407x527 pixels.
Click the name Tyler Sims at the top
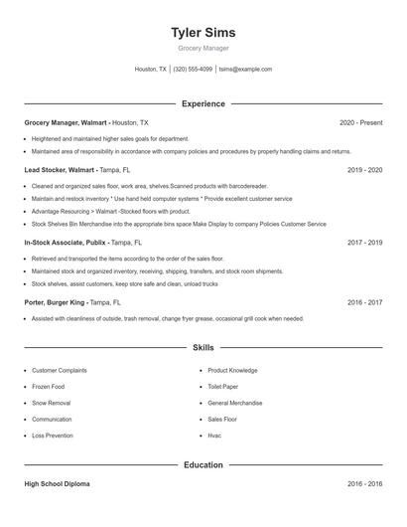[x=203, y=33]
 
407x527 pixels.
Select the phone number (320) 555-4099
[x=193, y=70]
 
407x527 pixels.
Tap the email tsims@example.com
[x=245, y=70]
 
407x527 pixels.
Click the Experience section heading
[x=203, y=103]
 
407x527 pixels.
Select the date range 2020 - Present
[x=360, y=122]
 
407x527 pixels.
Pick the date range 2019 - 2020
[x=364, y=170]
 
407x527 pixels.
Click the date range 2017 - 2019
[x=364, y=242]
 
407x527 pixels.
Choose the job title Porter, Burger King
[x=55, y=301]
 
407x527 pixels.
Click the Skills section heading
[x=203, y=348]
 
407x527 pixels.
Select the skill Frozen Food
[x=49, y=387]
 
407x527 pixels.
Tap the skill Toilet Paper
[x=223, y=387]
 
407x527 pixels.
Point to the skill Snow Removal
[x=52, y=403]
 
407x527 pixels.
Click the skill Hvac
[x=214, y=436]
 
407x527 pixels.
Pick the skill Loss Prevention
[x=53, y=436]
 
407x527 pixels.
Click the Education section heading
[x=203, y=464]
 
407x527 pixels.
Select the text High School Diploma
[x=57, y=484]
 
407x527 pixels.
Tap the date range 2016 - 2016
[x=364, y=484]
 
